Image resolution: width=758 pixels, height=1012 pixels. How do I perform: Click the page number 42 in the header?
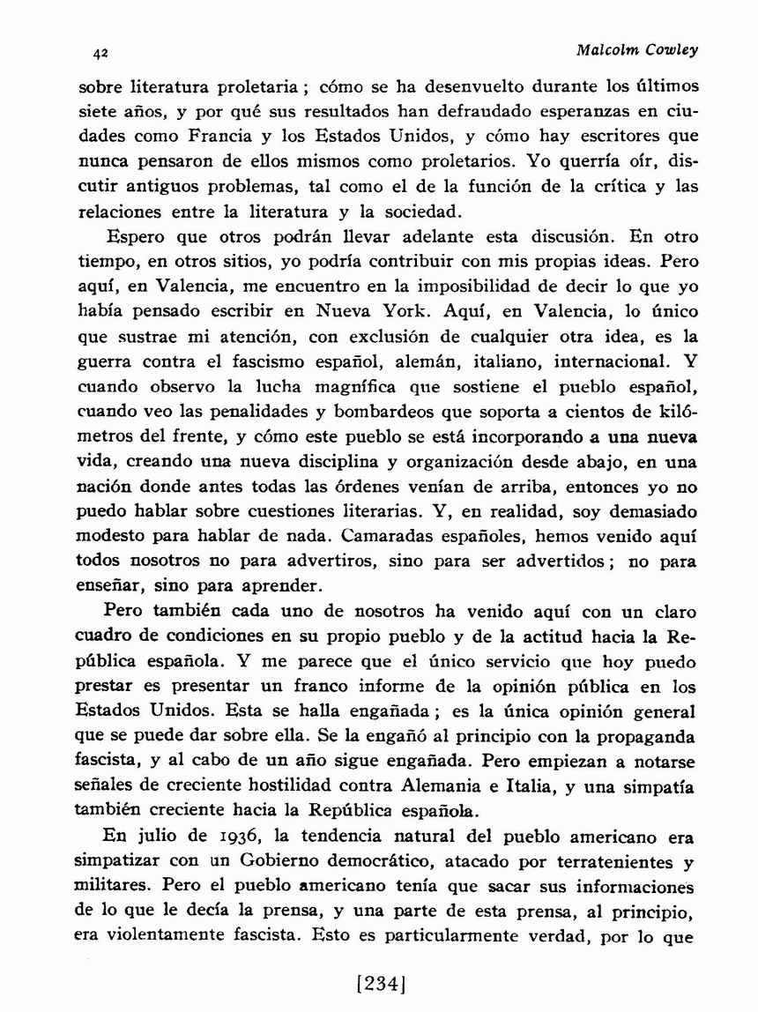(100, 53)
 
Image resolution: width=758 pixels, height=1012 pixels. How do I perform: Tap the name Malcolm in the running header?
(606, 49)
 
